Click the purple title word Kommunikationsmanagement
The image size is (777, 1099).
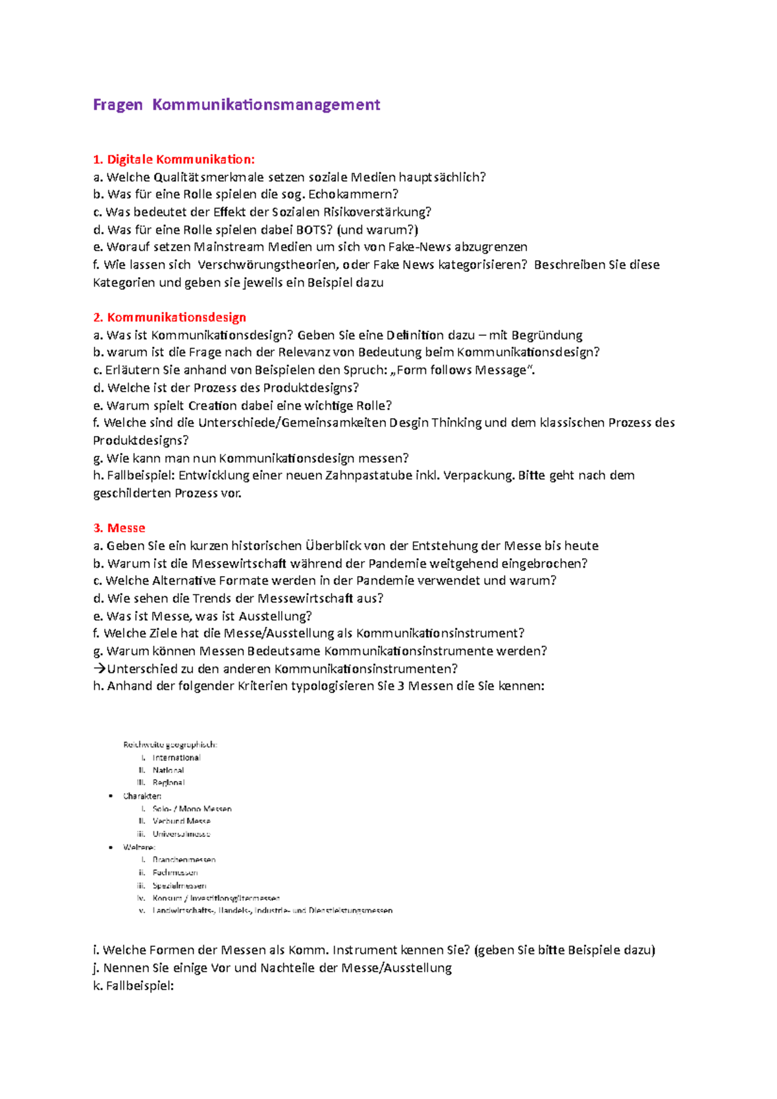[266, 105]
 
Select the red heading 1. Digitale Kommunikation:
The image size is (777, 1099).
[174, 159]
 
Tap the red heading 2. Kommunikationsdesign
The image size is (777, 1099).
[170, 317]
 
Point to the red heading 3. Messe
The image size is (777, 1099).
[119, 528]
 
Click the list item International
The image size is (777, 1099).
[176, 758]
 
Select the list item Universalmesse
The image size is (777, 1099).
[181, 834]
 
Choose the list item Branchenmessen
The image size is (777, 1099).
[184, 860]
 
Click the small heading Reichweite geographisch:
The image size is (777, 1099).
[170, 745]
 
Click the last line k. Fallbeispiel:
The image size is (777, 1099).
[133, 986]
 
